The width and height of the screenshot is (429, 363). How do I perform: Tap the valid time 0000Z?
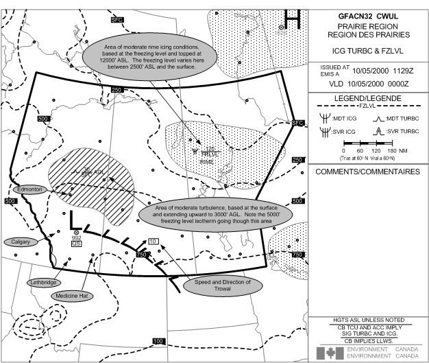409,82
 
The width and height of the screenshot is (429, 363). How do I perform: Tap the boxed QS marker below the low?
77,243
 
